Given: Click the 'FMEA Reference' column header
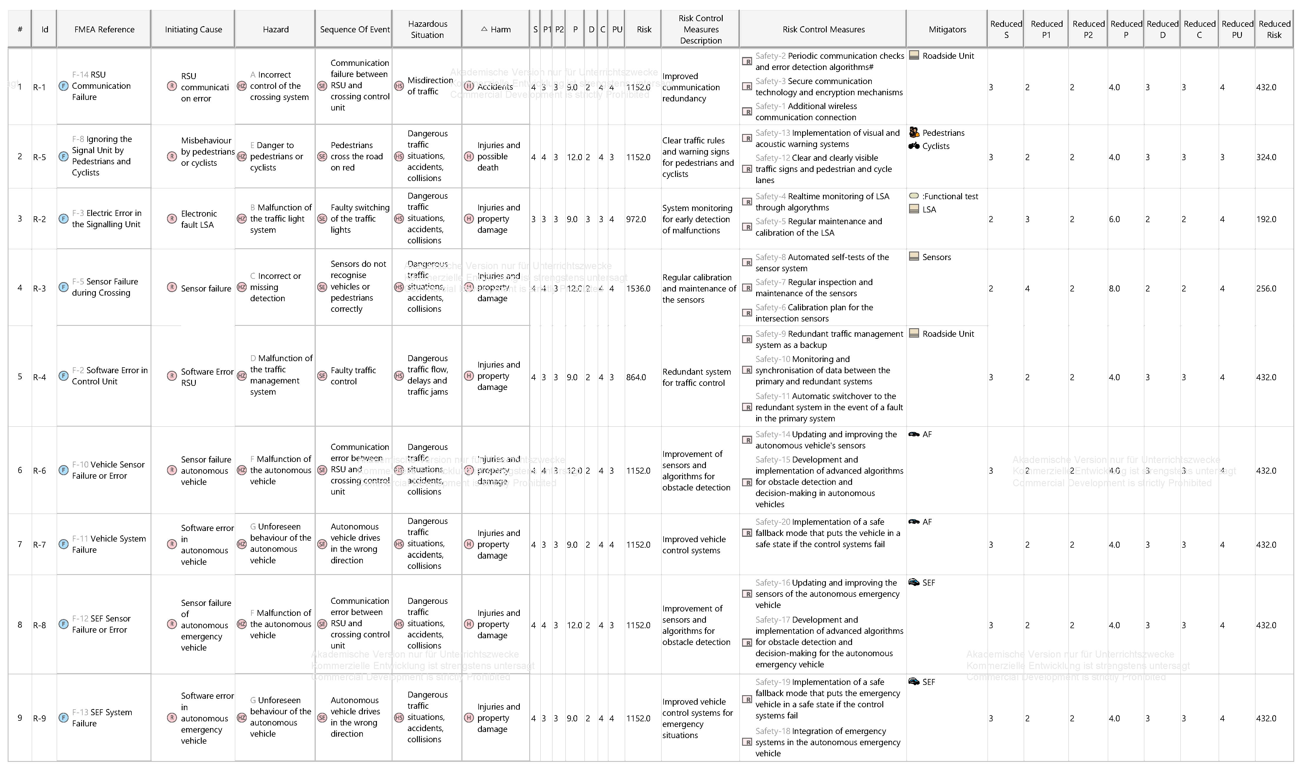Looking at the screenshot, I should pyautogui.click(x=104, y=29).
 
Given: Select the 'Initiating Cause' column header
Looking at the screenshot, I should pyautogui.click(x=193, y=29).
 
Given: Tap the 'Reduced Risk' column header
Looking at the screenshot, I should pyautogui.click(x=1274, y=29).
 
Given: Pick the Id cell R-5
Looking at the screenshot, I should pyautogui.click(x=40, y=157).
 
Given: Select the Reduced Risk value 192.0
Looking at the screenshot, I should pyautogui.click(x=1266, y=219).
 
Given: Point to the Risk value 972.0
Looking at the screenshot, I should pyautogui.click(x=636, y=219).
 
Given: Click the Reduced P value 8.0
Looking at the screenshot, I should pyautogui.click(x=1114, y=289).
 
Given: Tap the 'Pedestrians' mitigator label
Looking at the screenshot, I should pyautogui.click(x=943, y=133).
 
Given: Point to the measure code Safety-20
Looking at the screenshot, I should pyautogui.click(x=773, y=522).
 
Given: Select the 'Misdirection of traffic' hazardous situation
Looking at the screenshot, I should pyautogui.click(x=430, y=86).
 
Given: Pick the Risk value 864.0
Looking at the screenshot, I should pyautogui.click(x=636, y=377).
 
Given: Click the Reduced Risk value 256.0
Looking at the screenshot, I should pyautogui.click(x=1266, y=289).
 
